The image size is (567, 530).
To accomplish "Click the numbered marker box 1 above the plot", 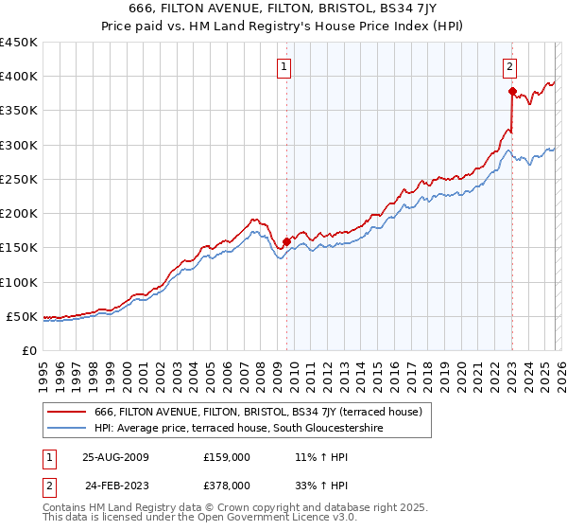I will pos(284,66).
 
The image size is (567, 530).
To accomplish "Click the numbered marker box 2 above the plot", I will pos(509,66).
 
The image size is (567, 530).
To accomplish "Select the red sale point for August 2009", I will pos(286,240).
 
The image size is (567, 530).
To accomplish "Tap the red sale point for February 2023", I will pos(512,92).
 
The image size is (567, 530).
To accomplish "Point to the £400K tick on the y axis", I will pos(19,77).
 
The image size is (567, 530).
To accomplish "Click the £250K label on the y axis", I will pos(19,179).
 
